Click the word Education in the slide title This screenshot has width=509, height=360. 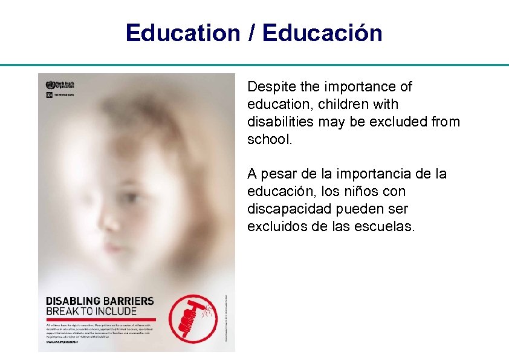click(183, 33)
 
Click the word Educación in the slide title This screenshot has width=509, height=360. click(323, 33)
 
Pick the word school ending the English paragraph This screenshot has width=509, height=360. click(268, 140)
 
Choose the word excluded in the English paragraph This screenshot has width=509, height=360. click(392, 122)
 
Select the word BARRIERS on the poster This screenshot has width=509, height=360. click(128, 301)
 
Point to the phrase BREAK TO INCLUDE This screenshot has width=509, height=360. click(91, 312)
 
